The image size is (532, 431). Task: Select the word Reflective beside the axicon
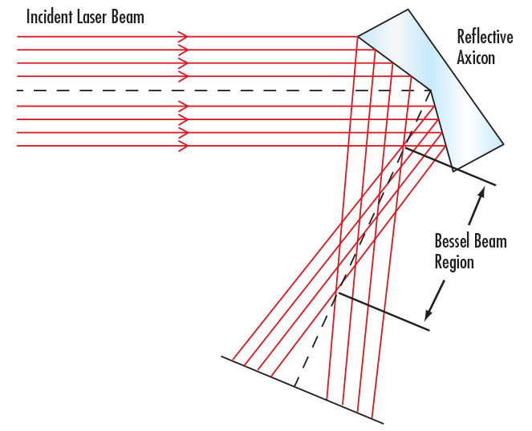485,36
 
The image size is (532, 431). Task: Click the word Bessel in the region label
453,240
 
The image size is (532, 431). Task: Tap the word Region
454,261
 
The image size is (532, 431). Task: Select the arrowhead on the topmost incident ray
184,37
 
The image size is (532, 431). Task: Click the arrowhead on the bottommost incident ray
184,146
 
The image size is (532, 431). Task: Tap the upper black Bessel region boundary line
449,166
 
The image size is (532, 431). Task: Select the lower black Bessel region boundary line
384,311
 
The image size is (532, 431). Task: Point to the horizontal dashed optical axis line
201,91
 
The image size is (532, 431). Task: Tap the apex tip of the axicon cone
431,90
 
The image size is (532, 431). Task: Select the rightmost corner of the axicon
503,144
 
